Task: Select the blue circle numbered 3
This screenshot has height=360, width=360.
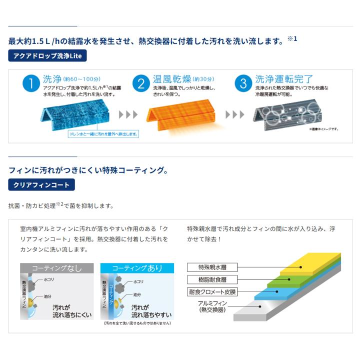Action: [243, 84]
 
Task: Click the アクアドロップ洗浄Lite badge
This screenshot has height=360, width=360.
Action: [47, 56]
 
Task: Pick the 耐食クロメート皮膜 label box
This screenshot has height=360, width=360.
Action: [212, 292]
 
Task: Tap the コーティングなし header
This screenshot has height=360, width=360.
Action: [56, 268]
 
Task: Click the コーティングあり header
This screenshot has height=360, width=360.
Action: [137, 268]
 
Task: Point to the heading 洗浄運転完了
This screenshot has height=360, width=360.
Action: [284, 79]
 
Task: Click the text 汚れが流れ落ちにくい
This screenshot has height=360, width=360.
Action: [69, 311]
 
